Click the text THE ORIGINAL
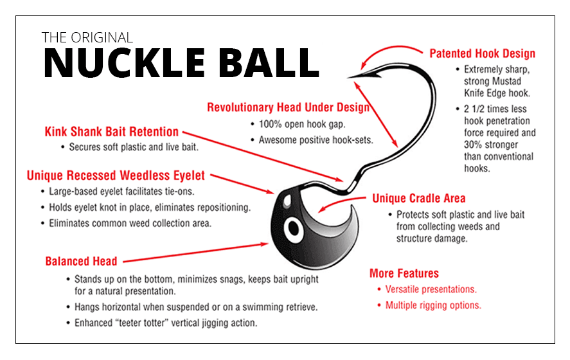tap(87, 37)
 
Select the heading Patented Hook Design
tap(482, 53)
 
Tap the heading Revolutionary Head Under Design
tap(288, 107)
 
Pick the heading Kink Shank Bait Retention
tap(111, 132)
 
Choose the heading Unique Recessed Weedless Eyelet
tap(116, 175)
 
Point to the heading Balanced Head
tap(81, 261)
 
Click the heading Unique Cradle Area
tap(418, 198)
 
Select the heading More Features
tap(404, 273)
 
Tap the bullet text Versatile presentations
tap(431, 289)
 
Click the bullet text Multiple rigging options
tap(433, 305)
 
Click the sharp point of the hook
tap(350, 78)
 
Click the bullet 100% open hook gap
tap(295, 123)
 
